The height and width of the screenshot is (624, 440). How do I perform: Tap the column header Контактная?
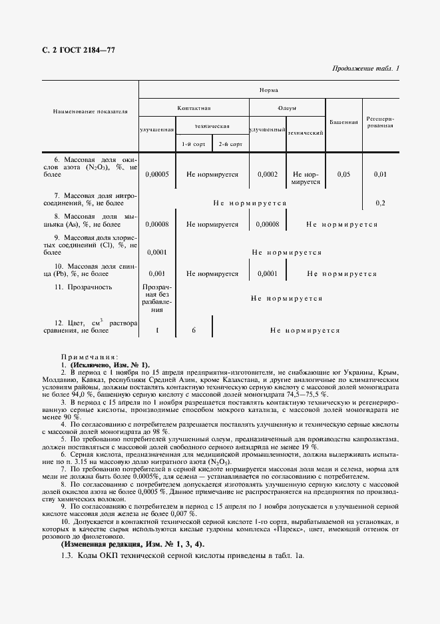pyautogui.click(x=194, y=107)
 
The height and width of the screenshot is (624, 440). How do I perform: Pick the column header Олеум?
pyautogui.click(x=287, y=107)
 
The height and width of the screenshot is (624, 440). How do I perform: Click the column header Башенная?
pyautogui.click(x=343, y=122)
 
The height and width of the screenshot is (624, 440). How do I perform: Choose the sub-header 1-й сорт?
pyautogui.click(x=194, y=144)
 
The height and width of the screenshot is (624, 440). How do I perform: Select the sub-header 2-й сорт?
pyautogui.click(x=230, y=144)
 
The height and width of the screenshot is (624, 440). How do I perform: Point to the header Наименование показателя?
pyautogui.click(x=90, y=111)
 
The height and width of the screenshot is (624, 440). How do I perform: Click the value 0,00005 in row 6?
pyautogui.click(x=157, y=174)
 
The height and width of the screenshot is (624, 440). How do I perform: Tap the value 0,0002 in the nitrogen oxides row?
pyautogui.click(x=268, y=174)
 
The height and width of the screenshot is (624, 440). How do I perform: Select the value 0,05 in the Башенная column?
pyautogui.click(x=343, y=174)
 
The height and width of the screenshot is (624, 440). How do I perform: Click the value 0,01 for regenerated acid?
pyautogui.click(x=380, y=174)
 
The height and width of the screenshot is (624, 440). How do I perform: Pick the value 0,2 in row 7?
pyautogui.click(x=380, y=203)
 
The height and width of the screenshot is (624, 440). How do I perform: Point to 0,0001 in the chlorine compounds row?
pyautogui.click(x=157, y=253)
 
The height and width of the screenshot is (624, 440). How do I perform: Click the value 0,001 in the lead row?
pyautogui.click(x=157, y=273)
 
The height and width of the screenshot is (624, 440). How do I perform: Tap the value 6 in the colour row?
pyautogui.click(x=194, y=330)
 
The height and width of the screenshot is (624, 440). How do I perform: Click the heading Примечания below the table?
pyautogui.click(x=90, y=357)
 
